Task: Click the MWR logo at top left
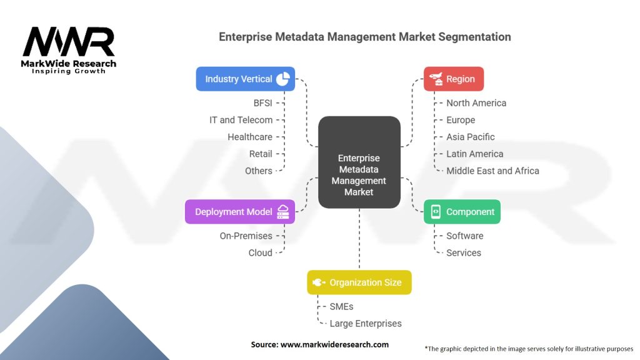69,44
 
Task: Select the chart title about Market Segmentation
364,37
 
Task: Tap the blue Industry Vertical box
245,79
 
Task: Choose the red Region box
454,79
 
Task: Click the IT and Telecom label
241,120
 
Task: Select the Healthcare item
249,137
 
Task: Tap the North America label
476,103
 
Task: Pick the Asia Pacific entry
470,137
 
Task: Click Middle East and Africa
492,171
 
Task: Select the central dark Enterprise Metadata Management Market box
359,162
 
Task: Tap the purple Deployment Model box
239,212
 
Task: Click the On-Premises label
246,236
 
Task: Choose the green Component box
462,212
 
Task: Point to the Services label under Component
464,252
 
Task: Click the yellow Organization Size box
359,282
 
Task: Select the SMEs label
341,306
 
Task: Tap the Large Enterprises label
366,323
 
